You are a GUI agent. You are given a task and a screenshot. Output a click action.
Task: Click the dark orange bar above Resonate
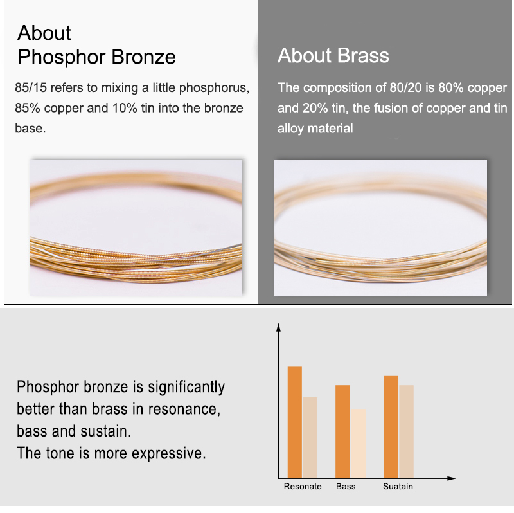[295, 422]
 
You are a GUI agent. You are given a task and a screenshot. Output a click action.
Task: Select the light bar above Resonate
[310, 438]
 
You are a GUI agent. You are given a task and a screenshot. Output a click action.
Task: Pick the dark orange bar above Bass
[342, 431]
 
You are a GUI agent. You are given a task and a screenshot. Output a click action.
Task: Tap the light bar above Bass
[358, 444]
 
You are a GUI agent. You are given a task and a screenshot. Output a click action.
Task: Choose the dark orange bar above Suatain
[391, 427]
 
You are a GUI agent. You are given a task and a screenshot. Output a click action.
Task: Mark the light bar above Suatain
[407, 431]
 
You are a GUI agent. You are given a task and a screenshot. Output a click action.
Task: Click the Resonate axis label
[303, 487]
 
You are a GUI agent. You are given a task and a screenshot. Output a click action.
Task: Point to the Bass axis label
[346, 487]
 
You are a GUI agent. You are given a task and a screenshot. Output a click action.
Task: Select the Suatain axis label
[398, 487]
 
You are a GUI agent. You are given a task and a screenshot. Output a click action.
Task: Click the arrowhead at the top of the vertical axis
[278, 327]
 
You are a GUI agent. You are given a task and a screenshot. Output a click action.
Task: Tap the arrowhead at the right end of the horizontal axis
[452, 478]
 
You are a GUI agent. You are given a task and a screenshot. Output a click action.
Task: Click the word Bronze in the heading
[143, 57]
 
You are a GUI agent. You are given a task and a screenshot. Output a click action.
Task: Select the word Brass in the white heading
[363, 55]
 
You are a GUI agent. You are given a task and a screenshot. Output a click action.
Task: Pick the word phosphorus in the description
[214, 89]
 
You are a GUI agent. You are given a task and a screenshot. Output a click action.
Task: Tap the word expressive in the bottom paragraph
[169, 454]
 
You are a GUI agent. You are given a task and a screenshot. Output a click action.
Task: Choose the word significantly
[186, 388]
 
